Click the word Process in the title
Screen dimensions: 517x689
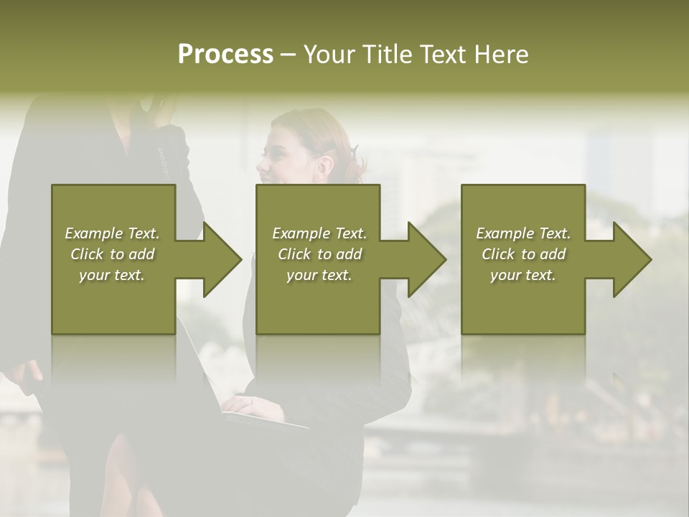point(225,55)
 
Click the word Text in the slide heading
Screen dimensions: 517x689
point(440,55)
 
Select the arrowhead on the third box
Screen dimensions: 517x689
point(631,259)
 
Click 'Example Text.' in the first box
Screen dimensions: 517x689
point(112,233)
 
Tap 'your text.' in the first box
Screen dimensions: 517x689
point(112,275)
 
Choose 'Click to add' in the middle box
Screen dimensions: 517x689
point(319,254)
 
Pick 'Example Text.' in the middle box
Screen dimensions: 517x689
point(319,233)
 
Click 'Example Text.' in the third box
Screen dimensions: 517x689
point(523,233)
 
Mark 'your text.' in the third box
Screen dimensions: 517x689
point(523,275)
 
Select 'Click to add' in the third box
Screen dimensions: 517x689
point(523,254)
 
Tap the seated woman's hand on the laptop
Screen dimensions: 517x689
point(248,406)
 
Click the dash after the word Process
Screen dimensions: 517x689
point(288,55)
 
